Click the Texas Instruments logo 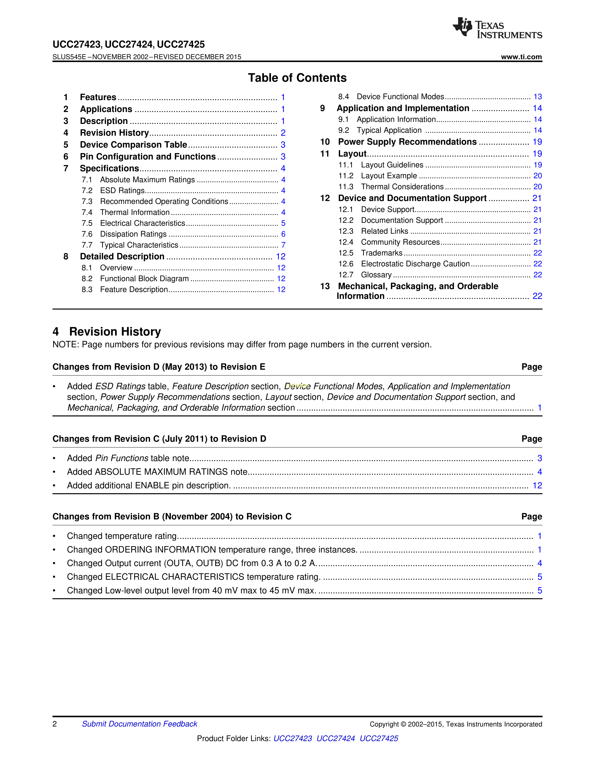[x=497, y=28]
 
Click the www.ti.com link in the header [x=521, y=57]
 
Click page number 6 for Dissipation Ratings [x=283, y=234]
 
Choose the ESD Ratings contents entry [x=122, y=191]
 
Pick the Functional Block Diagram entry [x=144, y=279]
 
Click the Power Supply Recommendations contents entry [x=407, y=142]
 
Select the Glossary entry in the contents [x=376, y=275]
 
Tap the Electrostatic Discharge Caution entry [x=415, y=264]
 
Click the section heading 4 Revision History [x=107, y=332]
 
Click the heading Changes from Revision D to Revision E [x=159, y=367]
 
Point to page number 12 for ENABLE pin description [x=537, y=486]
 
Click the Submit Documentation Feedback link [x=140, y=724]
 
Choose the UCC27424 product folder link [x=336, y=738]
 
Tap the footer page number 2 [x=55, y=724]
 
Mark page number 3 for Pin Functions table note [x=539, y=458]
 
